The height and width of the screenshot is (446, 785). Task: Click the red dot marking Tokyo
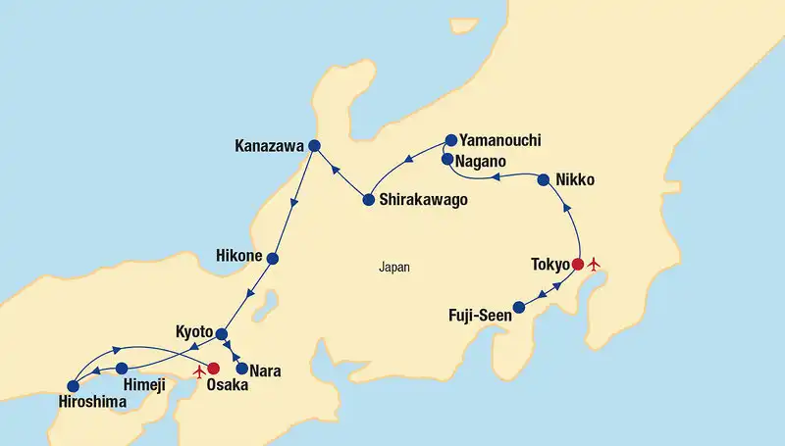point(578,264)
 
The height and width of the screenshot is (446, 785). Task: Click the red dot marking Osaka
point(213,370)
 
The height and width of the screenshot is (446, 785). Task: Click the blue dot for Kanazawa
point(314,146)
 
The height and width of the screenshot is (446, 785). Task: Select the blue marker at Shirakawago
point(368,200)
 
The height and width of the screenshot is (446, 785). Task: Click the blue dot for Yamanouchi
point(450,140)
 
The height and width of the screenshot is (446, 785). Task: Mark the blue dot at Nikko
point(544,179)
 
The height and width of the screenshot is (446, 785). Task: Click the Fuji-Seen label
point(480,317)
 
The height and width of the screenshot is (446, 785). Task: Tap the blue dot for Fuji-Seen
point(520,308)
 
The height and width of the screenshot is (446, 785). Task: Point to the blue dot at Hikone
point(273,259)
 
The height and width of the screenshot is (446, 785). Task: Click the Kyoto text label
point(194,332)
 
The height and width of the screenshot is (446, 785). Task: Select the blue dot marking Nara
point(241,369)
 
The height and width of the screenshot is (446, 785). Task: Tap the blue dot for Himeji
point(122,369)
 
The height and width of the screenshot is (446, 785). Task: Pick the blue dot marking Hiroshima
point(73,386)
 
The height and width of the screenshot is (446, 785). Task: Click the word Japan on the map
point(394,267)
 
